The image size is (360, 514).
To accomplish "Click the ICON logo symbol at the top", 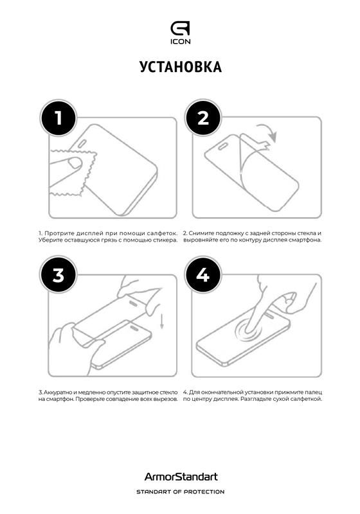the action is pos(180,28).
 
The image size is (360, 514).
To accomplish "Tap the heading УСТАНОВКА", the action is pos(181,67).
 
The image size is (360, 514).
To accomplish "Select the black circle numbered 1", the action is pos(59,118).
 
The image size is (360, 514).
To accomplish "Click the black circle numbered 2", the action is pos(203,118).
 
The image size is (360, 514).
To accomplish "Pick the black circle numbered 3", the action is pos(59,275).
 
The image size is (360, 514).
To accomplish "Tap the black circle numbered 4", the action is pos(203,275).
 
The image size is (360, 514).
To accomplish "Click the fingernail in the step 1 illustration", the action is pos(76,163).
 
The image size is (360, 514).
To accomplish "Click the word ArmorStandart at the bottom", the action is pos(181,476).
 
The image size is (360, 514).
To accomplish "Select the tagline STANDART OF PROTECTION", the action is pos(181,492).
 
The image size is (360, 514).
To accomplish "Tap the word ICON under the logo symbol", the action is pos(181,42).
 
